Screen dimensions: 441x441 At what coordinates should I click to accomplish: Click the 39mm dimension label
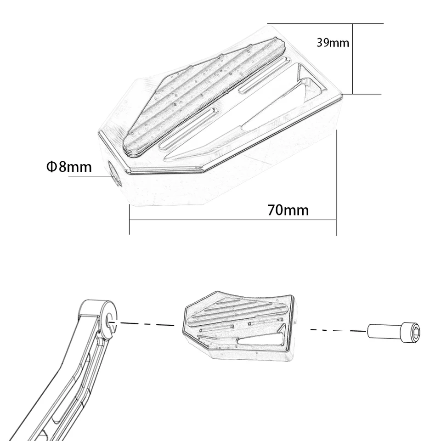(x=333, y=43)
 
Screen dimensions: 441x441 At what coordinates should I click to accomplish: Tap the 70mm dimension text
(x=288, y=210)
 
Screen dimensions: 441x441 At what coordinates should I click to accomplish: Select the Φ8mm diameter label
(x=69, y=166)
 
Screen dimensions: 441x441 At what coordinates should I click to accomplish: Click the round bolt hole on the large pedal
(x=115, y=174)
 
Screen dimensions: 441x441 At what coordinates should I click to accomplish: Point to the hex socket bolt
(x=394, y=333)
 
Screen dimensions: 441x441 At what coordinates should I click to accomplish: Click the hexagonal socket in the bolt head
(x=415, y=333)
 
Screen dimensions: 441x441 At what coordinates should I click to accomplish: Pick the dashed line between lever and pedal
(x=147, y=324)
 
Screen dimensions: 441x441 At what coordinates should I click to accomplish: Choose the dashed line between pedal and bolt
(x=339, y=330)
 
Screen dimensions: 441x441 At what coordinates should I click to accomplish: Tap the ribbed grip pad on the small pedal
(x=239, y=312)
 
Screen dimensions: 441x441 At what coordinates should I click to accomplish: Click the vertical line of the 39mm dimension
(x=353, y=59)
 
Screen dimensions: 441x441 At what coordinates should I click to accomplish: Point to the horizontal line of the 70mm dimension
(x=233, y=220)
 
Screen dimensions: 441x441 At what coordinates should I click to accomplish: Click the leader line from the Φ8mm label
(x=90, y=176)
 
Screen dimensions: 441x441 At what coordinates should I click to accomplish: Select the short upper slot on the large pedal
(x=265, y=75)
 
